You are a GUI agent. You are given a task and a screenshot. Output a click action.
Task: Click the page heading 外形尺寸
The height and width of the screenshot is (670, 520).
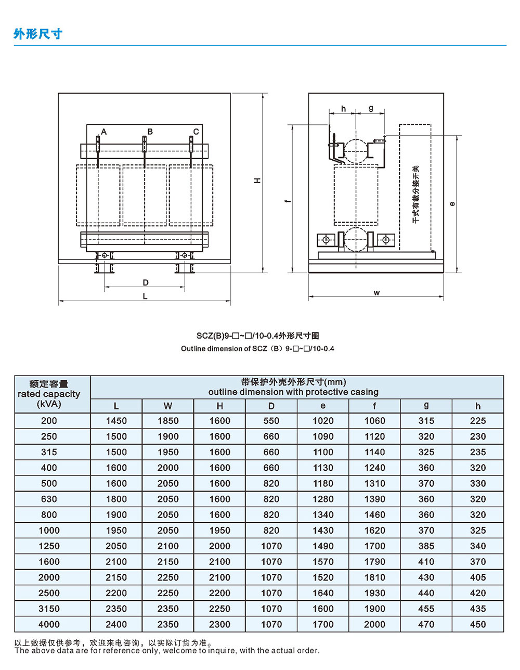tap(38, 34)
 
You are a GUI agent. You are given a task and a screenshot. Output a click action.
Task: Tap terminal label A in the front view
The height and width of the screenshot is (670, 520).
tap(104, 132)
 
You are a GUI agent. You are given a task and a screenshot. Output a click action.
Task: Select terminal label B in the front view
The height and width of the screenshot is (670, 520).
tap(150, 131)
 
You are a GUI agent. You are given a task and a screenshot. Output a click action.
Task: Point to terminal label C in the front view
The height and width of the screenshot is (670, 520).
tap(196, 132)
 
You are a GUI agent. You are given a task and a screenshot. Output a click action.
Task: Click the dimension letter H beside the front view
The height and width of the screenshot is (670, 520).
tap(257, 180)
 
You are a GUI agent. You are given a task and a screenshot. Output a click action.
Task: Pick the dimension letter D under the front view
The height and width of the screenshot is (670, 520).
tap(146, 282)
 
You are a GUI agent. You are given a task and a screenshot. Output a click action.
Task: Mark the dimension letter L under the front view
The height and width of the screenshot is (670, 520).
tap(145, 296)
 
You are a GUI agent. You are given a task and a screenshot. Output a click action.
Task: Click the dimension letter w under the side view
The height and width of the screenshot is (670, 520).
tap(376, 292)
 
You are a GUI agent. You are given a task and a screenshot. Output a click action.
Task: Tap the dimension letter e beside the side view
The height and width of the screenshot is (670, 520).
tap(452, 203)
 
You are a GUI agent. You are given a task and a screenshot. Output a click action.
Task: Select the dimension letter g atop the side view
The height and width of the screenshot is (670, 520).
tap(371, 108)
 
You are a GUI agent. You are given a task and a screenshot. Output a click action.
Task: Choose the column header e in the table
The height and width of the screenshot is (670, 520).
tap(323, 406)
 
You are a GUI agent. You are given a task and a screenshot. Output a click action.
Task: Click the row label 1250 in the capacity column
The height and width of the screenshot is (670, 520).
tap(49, 546)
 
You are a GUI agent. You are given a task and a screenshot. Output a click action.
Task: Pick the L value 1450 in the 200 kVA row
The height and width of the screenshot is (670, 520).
tap(116, 421)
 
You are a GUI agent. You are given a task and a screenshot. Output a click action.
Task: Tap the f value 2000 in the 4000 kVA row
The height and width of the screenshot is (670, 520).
tap(374, 624)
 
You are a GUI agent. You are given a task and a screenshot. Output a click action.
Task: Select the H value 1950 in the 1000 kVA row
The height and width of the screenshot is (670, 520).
tap(219, 530)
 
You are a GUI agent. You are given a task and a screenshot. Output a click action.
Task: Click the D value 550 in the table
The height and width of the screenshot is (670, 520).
tap(271, 421)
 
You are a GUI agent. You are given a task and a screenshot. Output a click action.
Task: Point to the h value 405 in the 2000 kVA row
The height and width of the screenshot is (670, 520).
tap(477, 577)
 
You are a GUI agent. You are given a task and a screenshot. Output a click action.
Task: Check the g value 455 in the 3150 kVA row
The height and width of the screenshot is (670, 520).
tap(426, 609)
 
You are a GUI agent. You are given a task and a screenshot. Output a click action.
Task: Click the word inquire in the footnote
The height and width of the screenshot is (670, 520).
tap(225, 650)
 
